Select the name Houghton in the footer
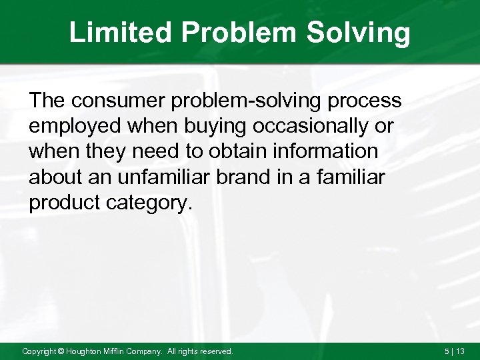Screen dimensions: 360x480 click(84, 351)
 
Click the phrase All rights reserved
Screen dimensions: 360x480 click(199, 351)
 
